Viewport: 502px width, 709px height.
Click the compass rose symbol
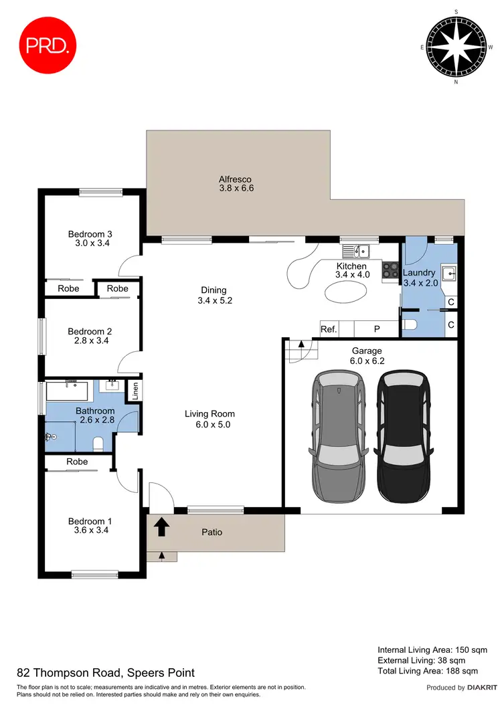tap(456, 47)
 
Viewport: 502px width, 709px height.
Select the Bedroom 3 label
tap(90, 234)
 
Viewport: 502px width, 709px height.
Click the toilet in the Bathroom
tap(98, 443)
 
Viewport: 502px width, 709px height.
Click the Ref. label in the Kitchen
tap(329, 329)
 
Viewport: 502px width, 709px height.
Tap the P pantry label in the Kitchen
tap(376, 329)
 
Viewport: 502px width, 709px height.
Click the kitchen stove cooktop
tap(390, 270)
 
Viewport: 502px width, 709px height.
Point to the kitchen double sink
tap(356, 251)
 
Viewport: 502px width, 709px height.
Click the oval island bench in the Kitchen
tap(346, 292)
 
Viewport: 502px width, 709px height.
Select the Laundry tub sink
tap(448, 274)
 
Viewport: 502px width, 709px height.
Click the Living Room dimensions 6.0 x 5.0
tap(210, 424)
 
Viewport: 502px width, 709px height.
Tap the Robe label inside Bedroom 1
tap(77, 462)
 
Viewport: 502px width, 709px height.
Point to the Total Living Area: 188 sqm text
tap(428, 670)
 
